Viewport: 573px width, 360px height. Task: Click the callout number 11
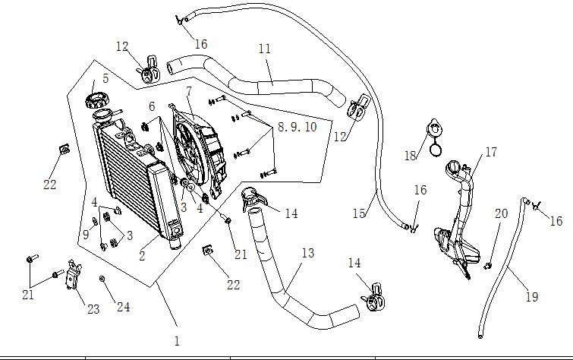264,49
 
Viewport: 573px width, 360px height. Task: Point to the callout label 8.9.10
297,127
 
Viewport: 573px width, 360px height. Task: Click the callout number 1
177,342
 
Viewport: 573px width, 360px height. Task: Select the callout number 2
142,257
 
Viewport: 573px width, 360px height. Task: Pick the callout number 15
359,214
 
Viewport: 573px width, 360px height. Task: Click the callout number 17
490,153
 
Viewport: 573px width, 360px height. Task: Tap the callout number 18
411,156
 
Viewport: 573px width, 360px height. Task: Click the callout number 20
501,214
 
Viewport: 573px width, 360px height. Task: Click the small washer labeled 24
102,279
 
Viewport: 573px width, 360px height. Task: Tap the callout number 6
152,106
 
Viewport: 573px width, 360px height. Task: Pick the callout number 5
105,77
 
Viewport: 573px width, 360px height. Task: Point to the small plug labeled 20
489,265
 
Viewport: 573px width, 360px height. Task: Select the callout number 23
93,309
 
